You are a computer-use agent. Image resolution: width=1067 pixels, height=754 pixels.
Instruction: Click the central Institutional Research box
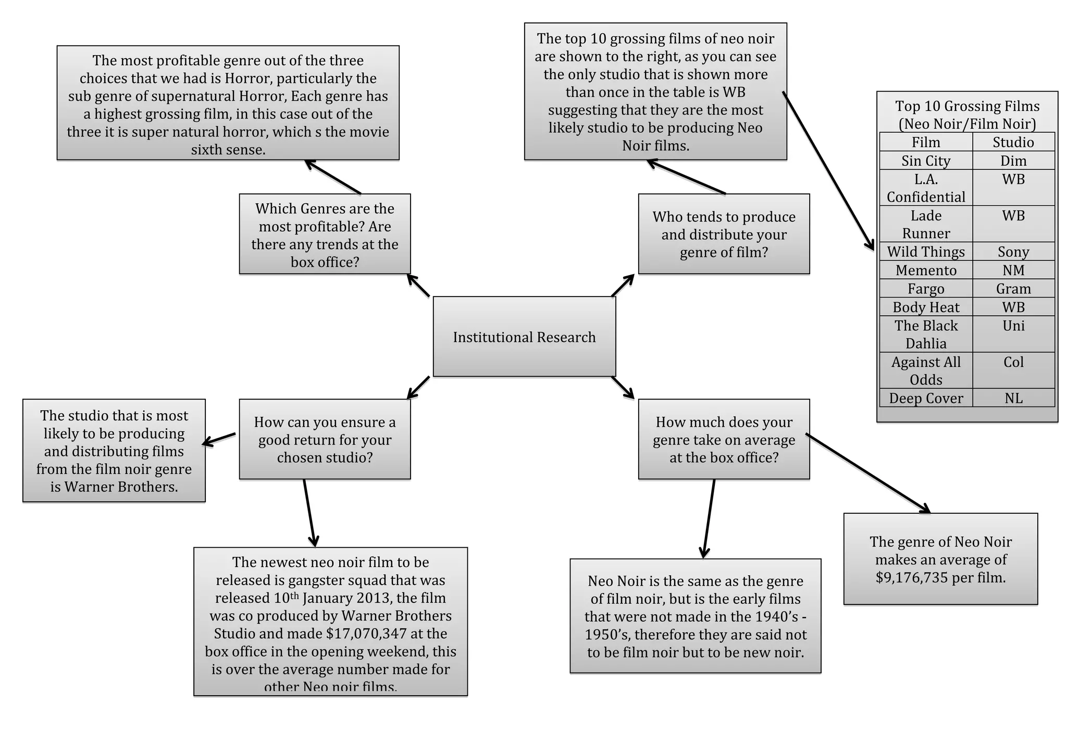pyautogui.click(x=524, y=337)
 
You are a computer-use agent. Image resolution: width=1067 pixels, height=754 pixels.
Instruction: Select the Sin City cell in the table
pyautogui.click(x=926, y=160)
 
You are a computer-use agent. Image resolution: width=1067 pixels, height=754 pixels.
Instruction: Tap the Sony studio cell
pyautogui.click(x=1013, y=252)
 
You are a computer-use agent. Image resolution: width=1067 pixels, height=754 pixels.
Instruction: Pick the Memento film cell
pyautogui.click(x=926, y=270)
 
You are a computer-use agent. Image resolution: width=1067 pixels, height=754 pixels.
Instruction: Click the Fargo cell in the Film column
pyautogui.click(x=926, y=289)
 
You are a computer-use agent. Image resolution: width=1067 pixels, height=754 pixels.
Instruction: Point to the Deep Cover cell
pyautogui.click(x=926, y=398)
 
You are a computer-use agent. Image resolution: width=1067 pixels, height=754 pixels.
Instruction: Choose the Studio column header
pyautogui.click(x=1013, y=142)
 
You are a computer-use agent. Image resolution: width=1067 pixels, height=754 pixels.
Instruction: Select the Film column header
pyautogui.click(x=926, y=142)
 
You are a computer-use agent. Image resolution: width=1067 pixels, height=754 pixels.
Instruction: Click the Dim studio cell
pyautogui.click(x=1013, y=160)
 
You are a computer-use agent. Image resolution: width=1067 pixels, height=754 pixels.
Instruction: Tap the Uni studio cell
pyautogui.click(x=1013, y=326)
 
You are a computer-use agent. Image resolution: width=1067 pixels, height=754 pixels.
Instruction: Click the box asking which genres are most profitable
pyautogui.click(x=325, y=234)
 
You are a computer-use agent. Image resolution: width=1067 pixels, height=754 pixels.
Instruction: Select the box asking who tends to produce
pyautogui.click(x=724, y=234)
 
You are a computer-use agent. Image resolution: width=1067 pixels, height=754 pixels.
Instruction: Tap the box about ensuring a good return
pyautogui.click(x=325, y=439)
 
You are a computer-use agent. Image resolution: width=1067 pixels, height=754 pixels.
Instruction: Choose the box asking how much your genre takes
pyautogui.click(x=724, y=439)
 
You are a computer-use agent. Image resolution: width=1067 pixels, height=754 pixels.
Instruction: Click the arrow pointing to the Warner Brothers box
pyautogui.click(x=219, y=439)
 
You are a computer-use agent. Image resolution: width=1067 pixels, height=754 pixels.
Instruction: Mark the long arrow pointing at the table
pyautogui.click(x=828, y=171)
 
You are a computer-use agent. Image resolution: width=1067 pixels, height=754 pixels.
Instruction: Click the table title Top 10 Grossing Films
pyautogui.click(x=967, y=115)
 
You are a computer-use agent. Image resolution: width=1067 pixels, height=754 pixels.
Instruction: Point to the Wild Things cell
pyautogui.click(x=926, y=252)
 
